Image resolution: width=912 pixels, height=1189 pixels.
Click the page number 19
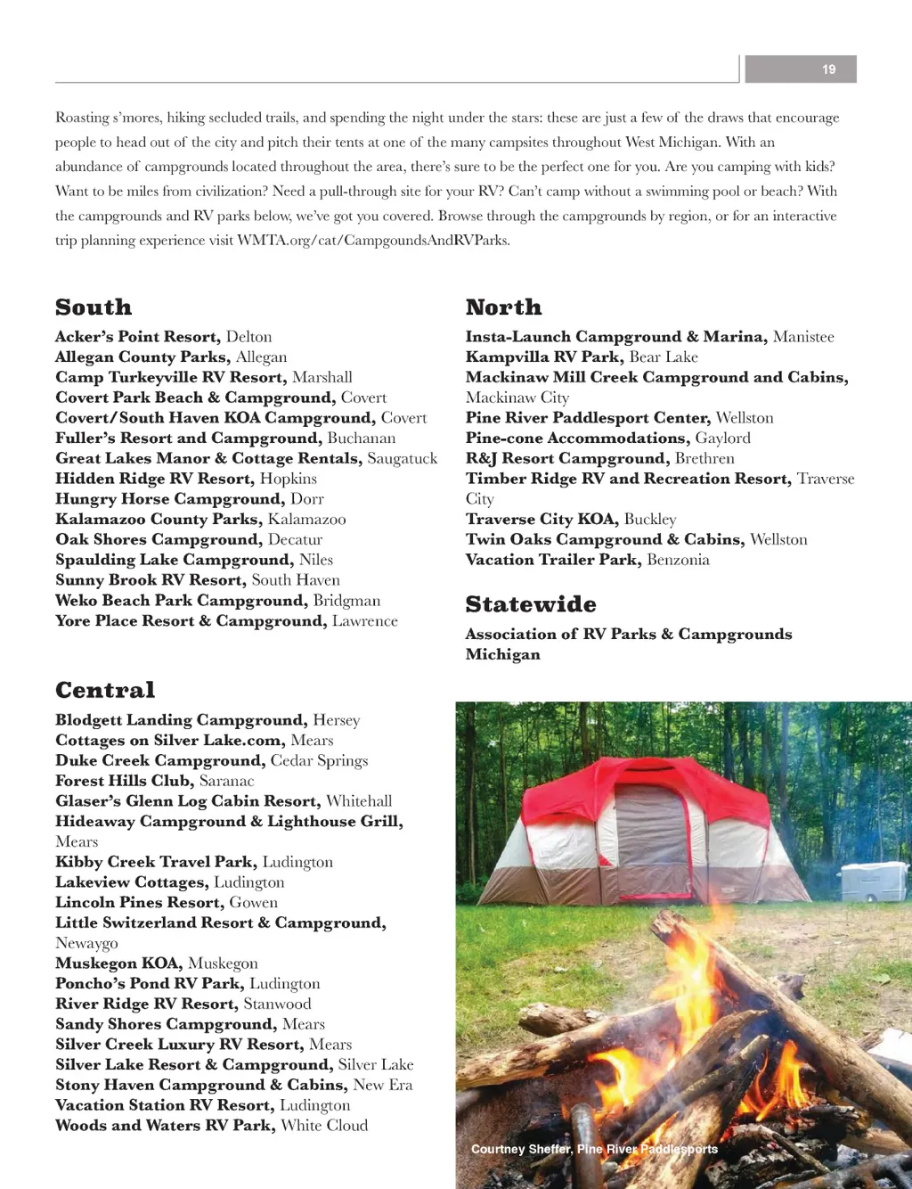pos(828,70)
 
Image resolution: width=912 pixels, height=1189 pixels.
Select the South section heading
pos(94,307)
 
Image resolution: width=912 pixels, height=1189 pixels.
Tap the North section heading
pos(503,307)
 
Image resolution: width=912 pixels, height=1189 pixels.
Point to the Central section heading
pos(105,690)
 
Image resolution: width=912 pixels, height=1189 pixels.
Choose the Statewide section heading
pos(531,604)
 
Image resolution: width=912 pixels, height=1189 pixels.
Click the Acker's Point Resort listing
pos(163,337)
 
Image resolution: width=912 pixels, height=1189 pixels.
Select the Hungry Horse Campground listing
pos(189,499)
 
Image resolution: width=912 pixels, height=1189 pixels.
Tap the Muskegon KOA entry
pos(156,963)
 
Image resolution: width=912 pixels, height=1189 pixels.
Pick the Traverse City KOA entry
pos(570,520)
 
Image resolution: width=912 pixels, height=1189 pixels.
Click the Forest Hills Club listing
pos(154,781)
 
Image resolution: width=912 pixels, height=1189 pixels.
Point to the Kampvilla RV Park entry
pos(581,357)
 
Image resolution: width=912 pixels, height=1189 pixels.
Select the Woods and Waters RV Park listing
pos(211,1126)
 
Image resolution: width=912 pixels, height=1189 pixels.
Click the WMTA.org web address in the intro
pos(373,241)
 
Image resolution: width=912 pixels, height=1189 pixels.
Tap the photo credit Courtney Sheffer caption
pos(594,1149)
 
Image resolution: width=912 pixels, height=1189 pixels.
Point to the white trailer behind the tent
pos(873,881)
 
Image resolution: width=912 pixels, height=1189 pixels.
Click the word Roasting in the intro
pos(82,118)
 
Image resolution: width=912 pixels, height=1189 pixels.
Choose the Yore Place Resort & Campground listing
pos(226,621)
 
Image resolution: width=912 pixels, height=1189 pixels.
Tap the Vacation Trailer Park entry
pos(587,560)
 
